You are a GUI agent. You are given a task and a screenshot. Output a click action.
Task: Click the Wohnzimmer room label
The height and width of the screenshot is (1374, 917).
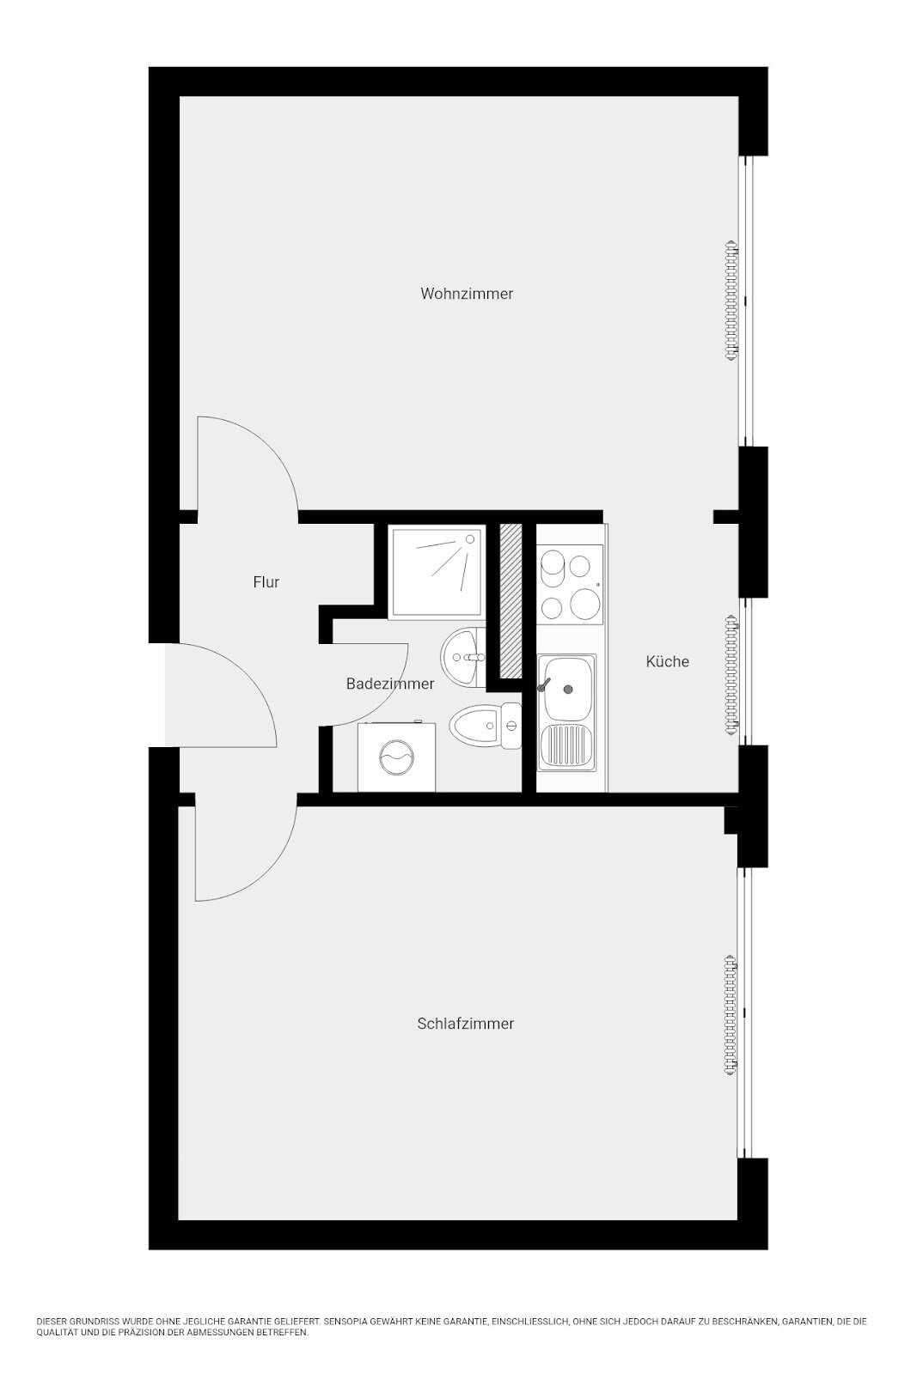point(467,294)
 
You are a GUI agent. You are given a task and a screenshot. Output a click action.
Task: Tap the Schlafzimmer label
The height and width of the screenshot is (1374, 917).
point(465,1024)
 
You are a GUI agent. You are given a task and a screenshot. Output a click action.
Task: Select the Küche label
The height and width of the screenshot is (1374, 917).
point(667,662)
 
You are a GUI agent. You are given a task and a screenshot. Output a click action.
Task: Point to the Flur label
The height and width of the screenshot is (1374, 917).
point(266,582)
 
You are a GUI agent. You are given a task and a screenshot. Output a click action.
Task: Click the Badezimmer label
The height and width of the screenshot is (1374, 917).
point(390,684)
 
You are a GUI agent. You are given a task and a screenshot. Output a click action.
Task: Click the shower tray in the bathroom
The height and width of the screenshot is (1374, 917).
point(439,571)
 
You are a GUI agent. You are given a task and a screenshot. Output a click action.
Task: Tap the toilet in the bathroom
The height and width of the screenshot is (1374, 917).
point(485,726)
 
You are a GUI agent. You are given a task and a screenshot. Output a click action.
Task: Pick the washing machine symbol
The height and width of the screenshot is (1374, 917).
point(396,757)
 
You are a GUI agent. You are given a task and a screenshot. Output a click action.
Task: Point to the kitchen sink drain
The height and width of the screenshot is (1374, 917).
point(568,690)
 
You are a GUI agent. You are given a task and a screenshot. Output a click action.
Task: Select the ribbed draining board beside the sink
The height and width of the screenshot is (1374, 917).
point(566,746)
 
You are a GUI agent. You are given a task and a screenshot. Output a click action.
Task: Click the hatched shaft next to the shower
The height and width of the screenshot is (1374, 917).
point(510,601)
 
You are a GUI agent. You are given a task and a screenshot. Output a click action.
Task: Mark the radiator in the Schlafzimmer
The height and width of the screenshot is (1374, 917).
point(731,1015)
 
